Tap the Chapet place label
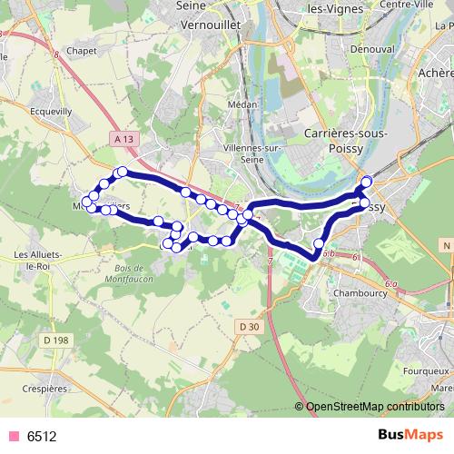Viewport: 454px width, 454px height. click(x=82, y=53)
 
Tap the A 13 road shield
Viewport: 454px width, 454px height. click(x=125, y=138)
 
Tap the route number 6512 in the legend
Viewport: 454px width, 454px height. click(x=42, y=436)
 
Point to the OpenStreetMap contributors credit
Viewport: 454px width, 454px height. click(x=373, y=406)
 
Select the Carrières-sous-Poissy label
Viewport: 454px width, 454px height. click(x=347, y=141)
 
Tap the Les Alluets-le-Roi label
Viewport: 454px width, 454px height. click(x=35, y=261)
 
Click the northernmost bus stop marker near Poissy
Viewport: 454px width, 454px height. click(x=367, y=182)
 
